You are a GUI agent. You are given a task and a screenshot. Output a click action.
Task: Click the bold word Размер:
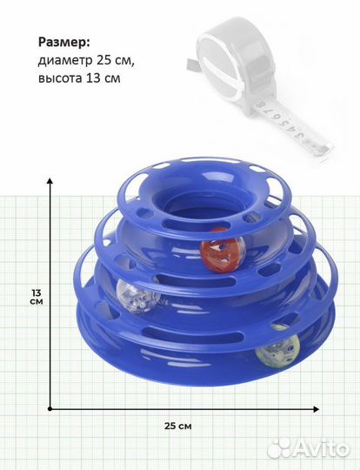(x=63, y=43)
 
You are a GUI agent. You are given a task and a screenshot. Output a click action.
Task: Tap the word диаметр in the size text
(x=65, y=61)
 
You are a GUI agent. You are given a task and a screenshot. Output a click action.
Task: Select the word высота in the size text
(x=60, y=78)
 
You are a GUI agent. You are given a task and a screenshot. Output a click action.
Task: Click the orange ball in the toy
(x=223, y=250)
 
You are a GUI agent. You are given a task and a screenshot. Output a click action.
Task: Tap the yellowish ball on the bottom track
(x=277, y=349)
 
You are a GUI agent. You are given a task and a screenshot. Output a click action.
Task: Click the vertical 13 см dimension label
(x=37, y=297)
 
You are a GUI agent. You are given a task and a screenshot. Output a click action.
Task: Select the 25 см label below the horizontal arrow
(x=178, y=426)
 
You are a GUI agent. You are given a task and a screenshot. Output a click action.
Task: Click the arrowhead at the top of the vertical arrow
(x=50, y=180)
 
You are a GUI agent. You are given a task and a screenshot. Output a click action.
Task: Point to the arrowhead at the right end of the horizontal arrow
(x=316, y=409)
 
